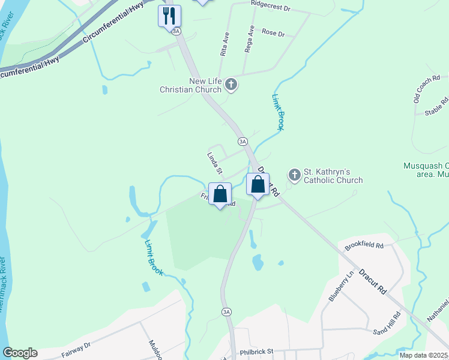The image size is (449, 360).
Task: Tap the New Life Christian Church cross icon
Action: click(x=232, y=86)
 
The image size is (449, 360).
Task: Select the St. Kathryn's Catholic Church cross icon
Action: click(x=294, y=175)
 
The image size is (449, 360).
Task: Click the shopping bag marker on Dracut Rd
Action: click(x=258, y=185)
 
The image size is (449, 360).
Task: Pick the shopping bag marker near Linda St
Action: click(x=220, y=194)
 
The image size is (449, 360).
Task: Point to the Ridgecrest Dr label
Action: click(x=270, y=10)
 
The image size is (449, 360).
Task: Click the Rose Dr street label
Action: click(x=273, y=34)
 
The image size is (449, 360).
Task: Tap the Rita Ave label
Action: click(x=225, y=45)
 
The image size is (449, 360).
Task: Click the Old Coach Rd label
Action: click(x=427, y=88)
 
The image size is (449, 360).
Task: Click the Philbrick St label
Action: click(x=256, y=351)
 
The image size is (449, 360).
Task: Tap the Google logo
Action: click(x=20, y=353)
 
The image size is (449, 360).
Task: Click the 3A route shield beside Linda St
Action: click(x=242, y=142)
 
